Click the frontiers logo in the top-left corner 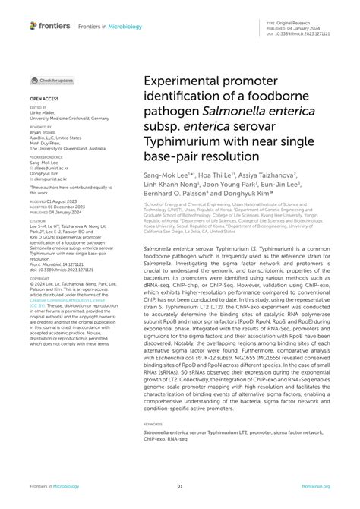click(50, 25)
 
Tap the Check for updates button click(52, 80)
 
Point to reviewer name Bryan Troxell click(43, 131)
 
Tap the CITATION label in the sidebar click(39, 222)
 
